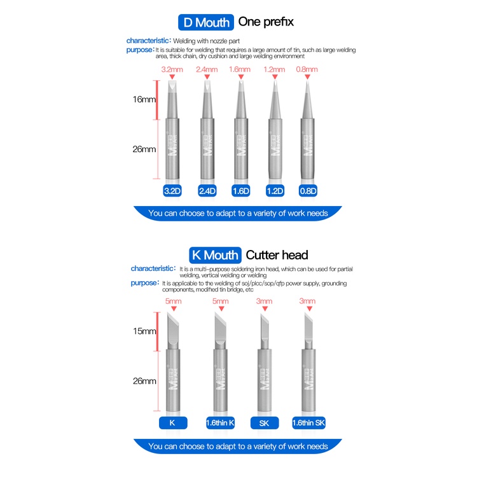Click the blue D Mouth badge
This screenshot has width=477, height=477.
pos(206,22)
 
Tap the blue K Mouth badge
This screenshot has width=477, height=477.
pos(215,255)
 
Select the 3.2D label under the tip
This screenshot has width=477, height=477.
pos(172,191)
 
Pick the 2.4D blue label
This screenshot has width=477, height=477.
pos(207,191)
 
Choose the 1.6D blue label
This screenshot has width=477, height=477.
pos(240,191)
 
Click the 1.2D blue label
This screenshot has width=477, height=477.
pos(275,191)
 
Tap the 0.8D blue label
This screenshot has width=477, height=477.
pos(308,191)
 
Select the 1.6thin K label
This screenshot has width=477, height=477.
pos(220,423)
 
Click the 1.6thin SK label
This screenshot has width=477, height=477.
pos(308,423)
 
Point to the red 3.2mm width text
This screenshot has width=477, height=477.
pos(172,70)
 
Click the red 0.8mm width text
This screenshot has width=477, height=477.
pos(307,69)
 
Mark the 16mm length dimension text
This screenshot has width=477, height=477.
pos(144,99)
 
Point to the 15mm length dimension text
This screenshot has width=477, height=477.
pos(144,331)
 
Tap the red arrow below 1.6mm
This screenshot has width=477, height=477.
pos(241,77)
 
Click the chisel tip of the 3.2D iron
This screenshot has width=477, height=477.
pos(172,86)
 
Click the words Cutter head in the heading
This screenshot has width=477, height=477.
pos(277,255)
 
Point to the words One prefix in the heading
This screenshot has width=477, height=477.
pos(266,22)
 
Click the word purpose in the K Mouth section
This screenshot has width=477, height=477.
pos(144,283)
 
